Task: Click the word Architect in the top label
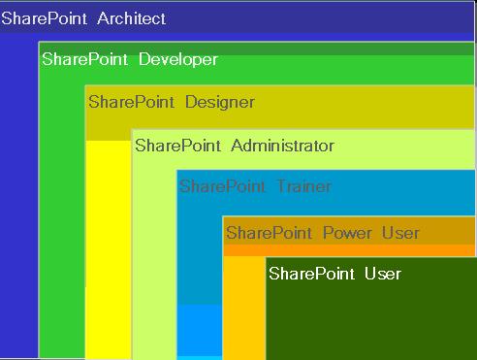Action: [131, 18]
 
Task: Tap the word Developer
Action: [178, 59]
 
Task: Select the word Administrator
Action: [283, 146]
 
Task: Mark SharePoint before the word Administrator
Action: [178, 146]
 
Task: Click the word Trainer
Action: [303, 186]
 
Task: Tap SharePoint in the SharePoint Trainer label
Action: [223, 186]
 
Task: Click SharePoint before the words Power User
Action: [269, 233]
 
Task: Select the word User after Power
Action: [400, 233]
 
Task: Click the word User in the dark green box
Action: [382, 274]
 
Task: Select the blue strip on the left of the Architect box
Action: [18, 194]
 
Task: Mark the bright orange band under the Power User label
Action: [349, 250]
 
